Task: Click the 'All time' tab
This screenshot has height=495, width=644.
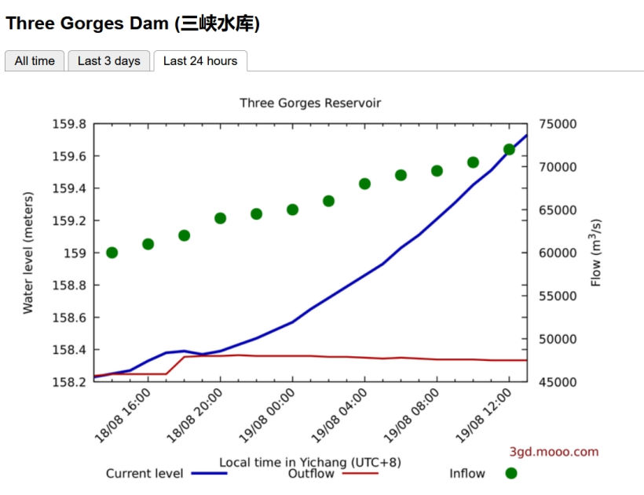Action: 35,61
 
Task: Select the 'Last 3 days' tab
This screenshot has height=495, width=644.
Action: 108,61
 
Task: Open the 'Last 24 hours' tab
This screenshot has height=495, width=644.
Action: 200,61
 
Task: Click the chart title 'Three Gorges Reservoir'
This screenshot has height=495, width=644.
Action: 310,103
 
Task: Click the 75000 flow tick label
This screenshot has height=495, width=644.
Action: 559,124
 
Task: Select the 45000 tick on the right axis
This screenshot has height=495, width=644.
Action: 559,382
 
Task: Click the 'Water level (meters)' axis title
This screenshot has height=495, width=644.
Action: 28,253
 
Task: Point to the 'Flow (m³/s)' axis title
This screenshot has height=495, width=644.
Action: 596,253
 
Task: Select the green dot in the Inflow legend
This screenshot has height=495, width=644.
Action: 511,473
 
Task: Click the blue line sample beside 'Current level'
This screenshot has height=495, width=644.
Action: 209,473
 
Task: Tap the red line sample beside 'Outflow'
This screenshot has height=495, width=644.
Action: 360,473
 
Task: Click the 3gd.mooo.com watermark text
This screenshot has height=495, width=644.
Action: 554,451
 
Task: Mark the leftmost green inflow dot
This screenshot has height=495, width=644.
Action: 112,253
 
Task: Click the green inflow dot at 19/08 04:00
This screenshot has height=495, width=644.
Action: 364,184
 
